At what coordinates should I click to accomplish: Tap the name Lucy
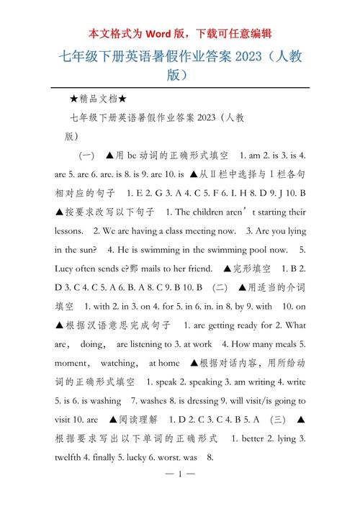tap(66, 269)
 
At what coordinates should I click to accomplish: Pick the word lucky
tap(143, 456)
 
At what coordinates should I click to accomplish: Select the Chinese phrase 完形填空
tap(251, 269)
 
